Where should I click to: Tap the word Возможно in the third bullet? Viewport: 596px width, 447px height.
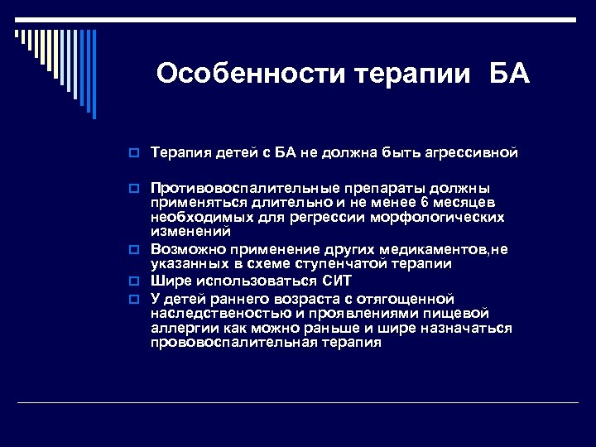click(x=183, y=248)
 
